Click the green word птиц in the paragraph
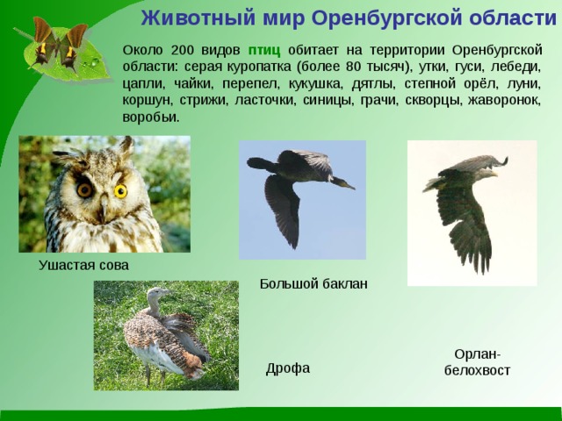point(263,50)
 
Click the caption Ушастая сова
point(83,265)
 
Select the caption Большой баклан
point(313,283)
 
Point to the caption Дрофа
point(288,368)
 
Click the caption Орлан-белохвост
point(477,362)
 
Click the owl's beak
point(103,207)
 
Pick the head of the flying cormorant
point(345,182)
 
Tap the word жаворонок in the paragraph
point(498,100)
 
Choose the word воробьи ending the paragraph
point(150,117)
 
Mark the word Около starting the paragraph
point(142,50)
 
